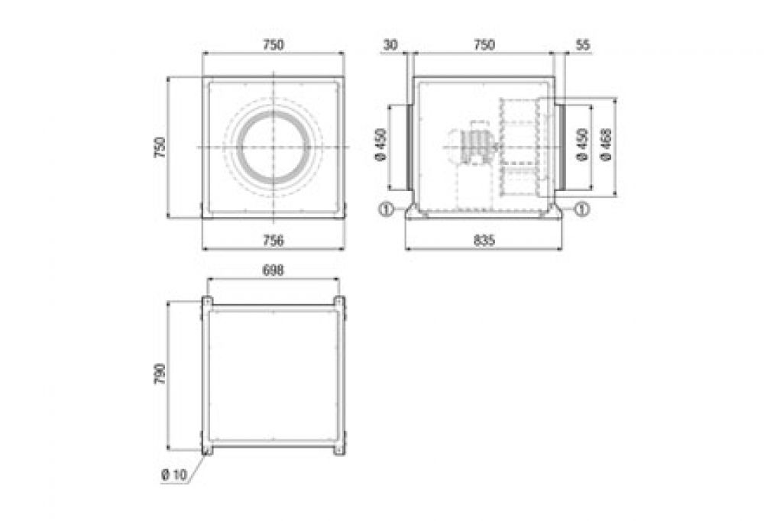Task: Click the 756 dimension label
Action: pyautogui.click(x=274, y=241)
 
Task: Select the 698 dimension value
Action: pyautogui.click(x=274, y=270)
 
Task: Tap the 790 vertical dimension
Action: pyautogui.click(x=160, y=374)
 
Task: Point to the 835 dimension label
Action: pyautogui.click(x=484, y=241)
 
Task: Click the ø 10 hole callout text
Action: pyautogui.click(x=174, y=474)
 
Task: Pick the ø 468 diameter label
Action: pyautogui.click(x=607, y=144)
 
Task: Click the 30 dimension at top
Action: pyautogui.click(x=390, y=45)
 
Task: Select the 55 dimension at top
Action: pyautogui.click(x=583, y=45)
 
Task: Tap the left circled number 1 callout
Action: pyautogui.click(x=385, y=209)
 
